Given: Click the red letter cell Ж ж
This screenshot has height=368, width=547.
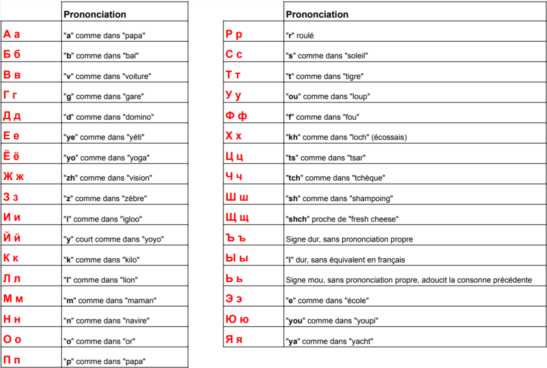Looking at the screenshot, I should [x=13, y=177].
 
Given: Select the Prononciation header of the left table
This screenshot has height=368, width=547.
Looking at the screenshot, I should [x=94, y=14].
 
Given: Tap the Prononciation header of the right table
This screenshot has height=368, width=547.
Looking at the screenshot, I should [x=317, y=14].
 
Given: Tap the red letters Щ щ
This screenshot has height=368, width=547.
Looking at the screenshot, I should [x=237, y=218].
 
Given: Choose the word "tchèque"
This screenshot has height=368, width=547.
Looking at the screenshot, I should [x=368, y=178].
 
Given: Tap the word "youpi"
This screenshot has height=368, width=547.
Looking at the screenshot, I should [x=361, y=321].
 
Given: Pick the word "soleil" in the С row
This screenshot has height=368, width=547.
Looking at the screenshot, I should [x=356, y=56].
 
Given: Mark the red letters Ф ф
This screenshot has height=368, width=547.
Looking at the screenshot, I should [x=236, y=116].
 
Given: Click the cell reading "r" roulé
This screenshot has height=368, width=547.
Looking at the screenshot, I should [x=300, y=35].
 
